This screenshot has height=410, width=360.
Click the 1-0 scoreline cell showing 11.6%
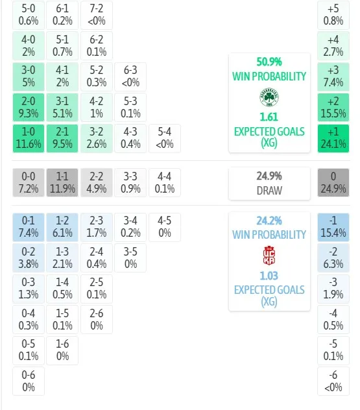pyautogui.click(x=29, y=138)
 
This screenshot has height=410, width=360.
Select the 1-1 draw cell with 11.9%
pyautogui.click(x=62, y=182)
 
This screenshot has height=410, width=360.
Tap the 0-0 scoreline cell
pyautogui.click(x=29, y=182)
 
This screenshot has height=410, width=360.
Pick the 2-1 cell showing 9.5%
pyautogui.click(x=62, y=138)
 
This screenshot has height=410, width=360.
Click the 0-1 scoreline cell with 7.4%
pyautogui.click(x=29, y=227)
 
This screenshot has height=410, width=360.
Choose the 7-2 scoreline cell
pyautogui.click(x=97, y=15)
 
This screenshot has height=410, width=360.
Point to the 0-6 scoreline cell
pyautogui.click(x=29, y=381)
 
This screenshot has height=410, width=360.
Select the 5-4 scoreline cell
pyautogui.click(x=165, y=138)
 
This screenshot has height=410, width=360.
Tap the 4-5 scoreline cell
pyautogui.click(x=165, y=227)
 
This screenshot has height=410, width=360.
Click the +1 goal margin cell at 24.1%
pyautogui.click(x=333, y=138)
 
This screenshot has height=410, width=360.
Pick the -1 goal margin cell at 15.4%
pyautogui.click(x=333, y=227)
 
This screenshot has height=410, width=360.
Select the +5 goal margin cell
pyautogui.click(x=333, y=15)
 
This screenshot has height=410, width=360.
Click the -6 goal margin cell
pyautogui.click(x=333, y=381)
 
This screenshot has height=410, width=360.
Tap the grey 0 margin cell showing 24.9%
pyautogui.click(x=333, y=182)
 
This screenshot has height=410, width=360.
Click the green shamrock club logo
pyautogui.click(x=269, y=97)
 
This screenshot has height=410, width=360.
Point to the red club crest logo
pyautogui.click(x=269, y=256)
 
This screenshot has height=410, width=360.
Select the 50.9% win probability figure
pyautogui.click(x=269, y=62)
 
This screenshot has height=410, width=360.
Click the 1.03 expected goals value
pyautogui.click(x=269, y=276)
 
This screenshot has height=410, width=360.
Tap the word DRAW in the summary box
pyautogui.click(x=269, y=191)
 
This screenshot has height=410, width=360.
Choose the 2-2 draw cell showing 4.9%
pyautogui.click(x=97, y=182)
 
